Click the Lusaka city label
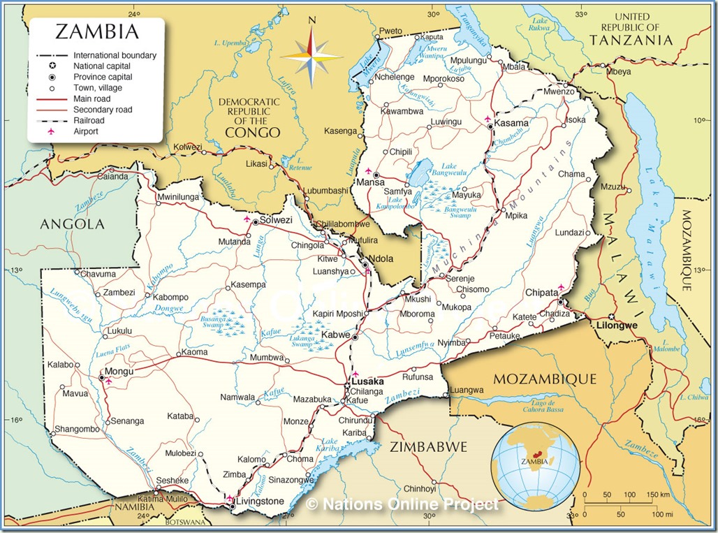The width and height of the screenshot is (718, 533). pos(367,382)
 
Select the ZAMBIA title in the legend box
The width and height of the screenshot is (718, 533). pos(96,31)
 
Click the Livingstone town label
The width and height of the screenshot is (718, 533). pos(260,501)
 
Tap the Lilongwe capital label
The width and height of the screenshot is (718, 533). pos(614,326)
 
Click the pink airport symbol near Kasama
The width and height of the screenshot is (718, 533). pos(487,119)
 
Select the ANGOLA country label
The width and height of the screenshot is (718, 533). pos(72,224)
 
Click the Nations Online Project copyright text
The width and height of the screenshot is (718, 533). pos(403,503)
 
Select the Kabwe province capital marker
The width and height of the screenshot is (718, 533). pos(355,337)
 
